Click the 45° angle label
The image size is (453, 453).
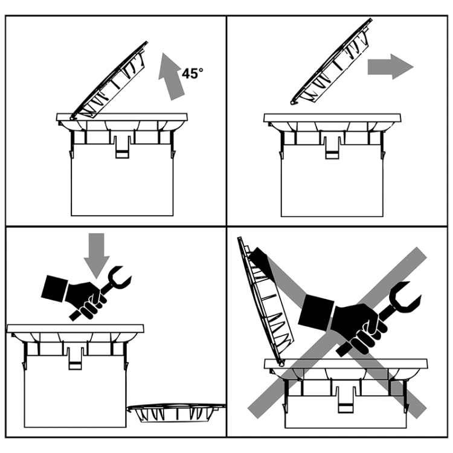(x=192, y=73)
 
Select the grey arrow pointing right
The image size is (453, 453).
(x=390, y=66)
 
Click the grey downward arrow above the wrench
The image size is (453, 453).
(x=97, y=255)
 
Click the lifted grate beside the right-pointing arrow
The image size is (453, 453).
(x=332, y=62)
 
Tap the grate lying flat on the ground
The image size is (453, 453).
(x=176, y=413)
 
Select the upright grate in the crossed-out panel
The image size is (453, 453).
(x=265, y=300)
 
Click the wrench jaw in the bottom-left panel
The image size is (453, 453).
(x=119, y=277)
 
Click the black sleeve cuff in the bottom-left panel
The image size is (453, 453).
(x=54, y=289)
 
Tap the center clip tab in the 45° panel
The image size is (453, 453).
(x=122, y=147)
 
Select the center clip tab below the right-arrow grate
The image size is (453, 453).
(x=332, y=147)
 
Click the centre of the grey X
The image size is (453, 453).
(x=338, y=332)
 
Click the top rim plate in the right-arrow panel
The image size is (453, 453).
(x=332, y=118)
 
